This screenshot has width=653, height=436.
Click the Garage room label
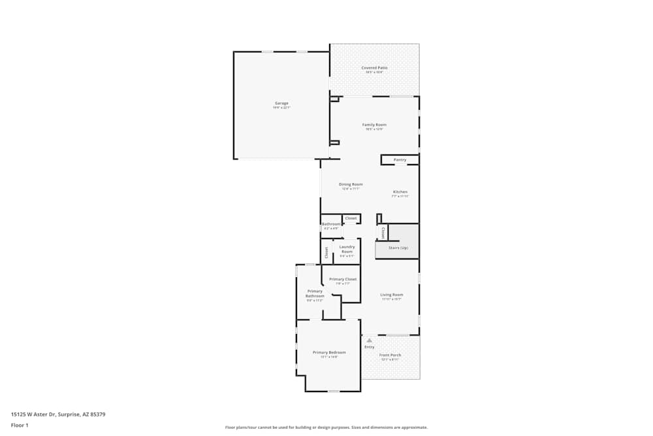[281, 103]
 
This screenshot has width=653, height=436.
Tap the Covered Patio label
[374, 67]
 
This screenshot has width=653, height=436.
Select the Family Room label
[374, 124]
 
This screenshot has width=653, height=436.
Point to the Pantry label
[400, 159]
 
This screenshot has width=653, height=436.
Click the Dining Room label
[351, 184]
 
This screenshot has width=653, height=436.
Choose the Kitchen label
[400, 192]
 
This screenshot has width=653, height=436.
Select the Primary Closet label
[343, 279]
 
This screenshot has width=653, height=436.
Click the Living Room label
[392, 295]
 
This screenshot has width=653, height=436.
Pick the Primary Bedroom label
[329, 352]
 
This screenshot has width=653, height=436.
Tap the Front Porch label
[390, 355]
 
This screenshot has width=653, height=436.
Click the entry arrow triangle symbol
[369, 340]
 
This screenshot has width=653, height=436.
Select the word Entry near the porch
[370, 347]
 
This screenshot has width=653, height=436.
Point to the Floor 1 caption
[20, 425]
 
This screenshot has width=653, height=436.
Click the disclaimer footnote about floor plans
[326, 428]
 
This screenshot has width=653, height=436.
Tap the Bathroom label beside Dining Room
[331, 224]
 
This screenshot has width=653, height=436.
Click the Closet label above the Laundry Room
[351, 218]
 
